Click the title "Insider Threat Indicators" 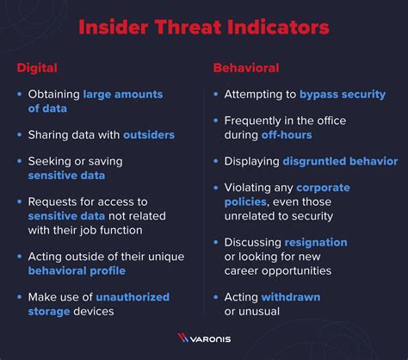coord(203,28)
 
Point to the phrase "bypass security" coord(342,94)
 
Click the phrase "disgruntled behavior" coord(340,161)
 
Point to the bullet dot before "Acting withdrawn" coord(215,297)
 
